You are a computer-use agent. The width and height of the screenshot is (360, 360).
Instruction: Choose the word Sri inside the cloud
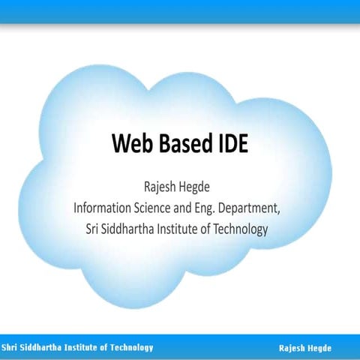click(x=93, y=229)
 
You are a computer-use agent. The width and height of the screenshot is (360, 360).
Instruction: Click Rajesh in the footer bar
click(x=292, y=348)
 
